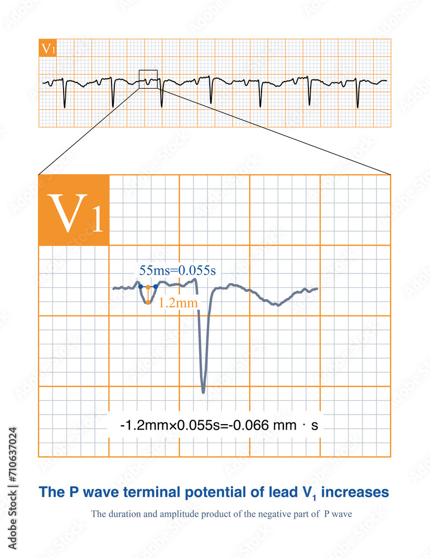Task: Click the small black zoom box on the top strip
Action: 148,79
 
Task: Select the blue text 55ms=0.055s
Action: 177,271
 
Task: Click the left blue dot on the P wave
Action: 140,287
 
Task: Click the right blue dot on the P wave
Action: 155,287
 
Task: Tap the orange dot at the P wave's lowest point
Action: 148,302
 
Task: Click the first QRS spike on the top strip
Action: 65,106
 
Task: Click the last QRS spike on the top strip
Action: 357,106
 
